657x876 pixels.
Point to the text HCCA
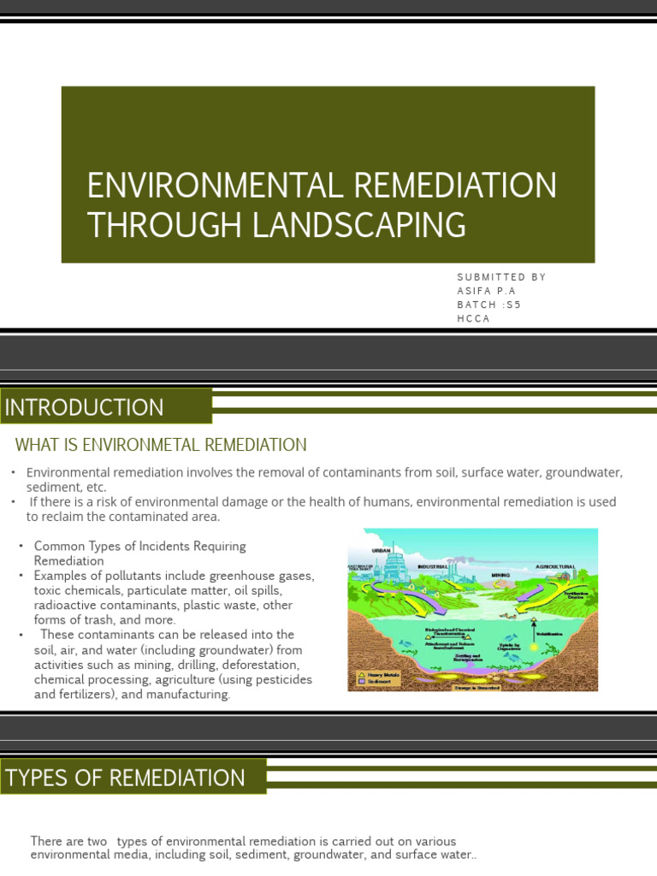pyautogui.click(x=474, y=318)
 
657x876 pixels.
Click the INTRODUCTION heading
pyautogui.click(x=85, y=407)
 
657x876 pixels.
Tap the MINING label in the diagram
pyautogui.click(x=501, y=564)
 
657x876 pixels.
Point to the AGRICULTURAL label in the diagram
pyautogui.click(x=555, y=566)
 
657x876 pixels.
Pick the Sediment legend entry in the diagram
pyautogui.click(x=377, y=682)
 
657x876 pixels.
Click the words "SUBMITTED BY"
pyautogui.click(x=501, y=277)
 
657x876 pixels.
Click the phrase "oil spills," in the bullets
pyautogui.click(x=264, y=590)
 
